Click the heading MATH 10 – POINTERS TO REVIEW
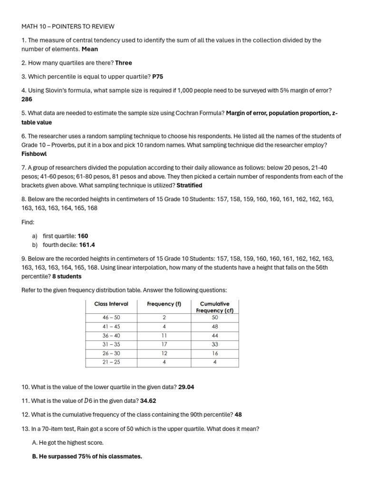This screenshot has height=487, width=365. coord(68,27)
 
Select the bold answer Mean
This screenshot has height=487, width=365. coord(90,49)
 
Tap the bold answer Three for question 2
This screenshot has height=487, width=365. coord(124,63)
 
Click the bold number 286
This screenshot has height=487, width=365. coord(27,99)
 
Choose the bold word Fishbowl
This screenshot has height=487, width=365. coord(35,154)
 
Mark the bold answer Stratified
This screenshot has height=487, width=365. coord(189,185)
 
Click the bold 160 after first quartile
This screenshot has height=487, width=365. coord(83,236)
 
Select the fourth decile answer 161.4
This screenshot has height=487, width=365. coord(87,245)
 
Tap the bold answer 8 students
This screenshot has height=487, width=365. coord(67,276)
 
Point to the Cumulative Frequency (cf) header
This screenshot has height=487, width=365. coord(214,307)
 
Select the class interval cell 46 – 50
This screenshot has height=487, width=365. coord(111,317)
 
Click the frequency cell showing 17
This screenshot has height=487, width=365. coord(164,344)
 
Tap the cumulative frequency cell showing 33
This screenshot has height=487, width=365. coord(215,344)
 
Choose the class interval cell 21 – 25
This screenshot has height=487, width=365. coord(111,362)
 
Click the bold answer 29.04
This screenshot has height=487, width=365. coord(186,387)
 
